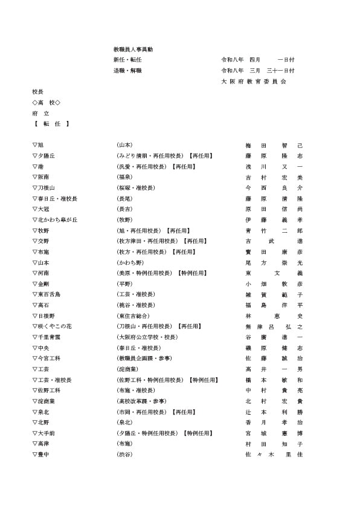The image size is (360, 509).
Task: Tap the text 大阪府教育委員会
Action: click(x=254, y=81)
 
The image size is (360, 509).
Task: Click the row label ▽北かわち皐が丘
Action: click(x=55, y=220)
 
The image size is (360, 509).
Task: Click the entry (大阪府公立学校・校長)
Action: click(x=147, y=337)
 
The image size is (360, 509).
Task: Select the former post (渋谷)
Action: click(x=124, y=454)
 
